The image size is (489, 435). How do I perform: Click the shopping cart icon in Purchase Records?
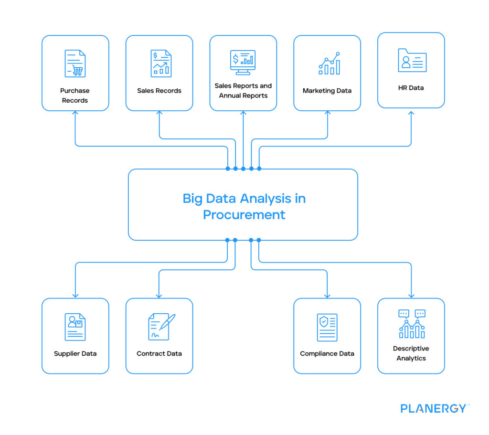pyautogui.click(x=78, y=71)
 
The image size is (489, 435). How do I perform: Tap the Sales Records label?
pyautogui.click(x=159, y=91)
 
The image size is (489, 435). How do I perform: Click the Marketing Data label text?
pyautogui.click(x=327, y=91)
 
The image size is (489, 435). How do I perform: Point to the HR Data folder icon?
pyautogui.click(x=412, y=61)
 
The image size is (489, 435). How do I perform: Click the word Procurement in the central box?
pyautogui.click(x=244, y=215)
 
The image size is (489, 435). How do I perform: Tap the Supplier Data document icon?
pyautogui.click(x=75, y=327)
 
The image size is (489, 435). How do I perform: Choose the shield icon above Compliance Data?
pyautogui.click(x=324, y=322)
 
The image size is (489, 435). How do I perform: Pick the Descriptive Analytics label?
pyautogui.click(x=411, y=353)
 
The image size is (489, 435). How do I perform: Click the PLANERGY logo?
pyautogui.click(x=433, y=408)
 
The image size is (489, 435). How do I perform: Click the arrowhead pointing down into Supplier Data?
pyautogui.click(x=75, y=295)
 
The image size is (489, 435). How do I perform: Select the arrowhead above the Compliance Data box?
pyautogui.click(x=327, y=295)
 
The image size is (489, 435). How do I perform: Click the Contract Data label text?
pyautogui.click(x=159, y=354)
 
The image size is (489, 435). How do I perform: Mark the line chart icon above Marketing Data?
pyautogui.click(x=329, y=64)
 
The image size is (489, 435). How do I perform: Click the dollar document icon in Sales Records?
pyautogui.click(x=161, y=64)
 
